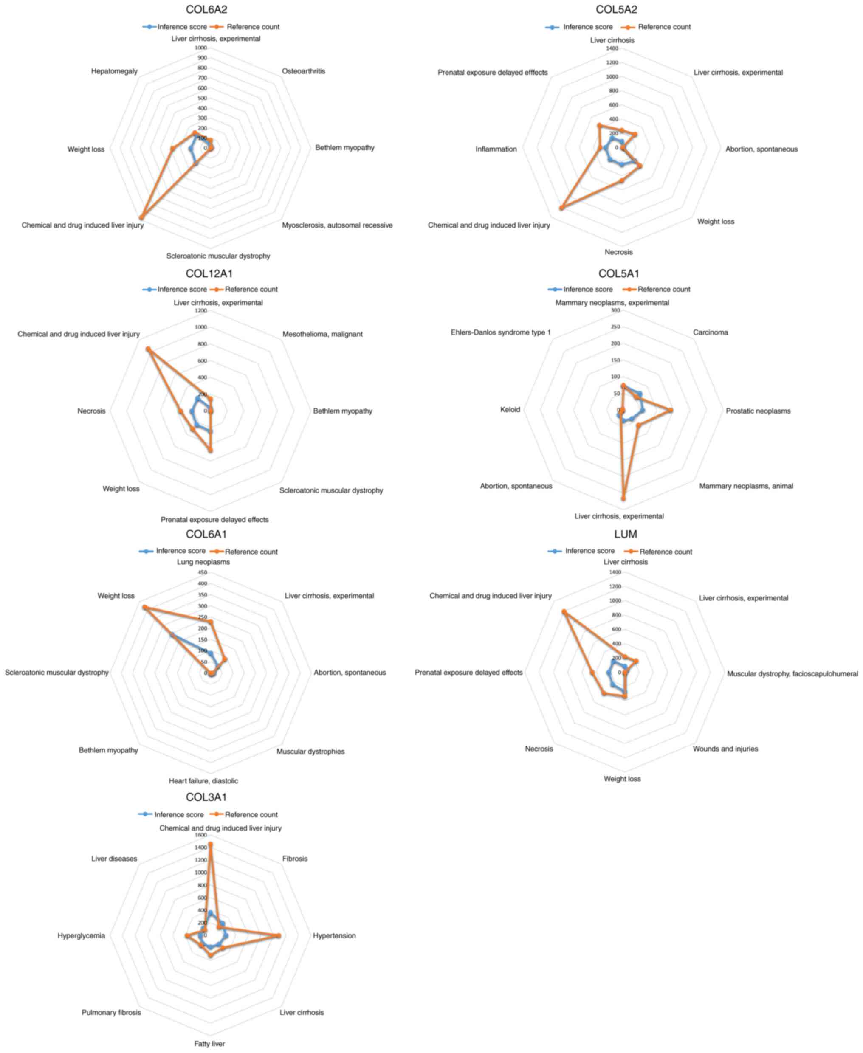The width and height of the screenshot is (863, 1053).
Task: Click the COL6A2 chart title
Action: (x=206, y=9)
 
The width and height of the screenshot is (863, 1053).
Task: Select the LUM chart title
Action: (x=625, y=534)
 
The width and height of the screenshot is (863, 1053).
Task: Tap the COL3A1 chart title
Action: (x=206, y=797)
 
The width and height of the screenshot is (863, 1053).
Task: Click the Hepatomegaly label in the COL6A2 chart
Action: (x=114, y=71)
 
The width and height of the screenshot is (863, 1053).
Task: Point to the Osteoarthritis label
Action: (x=303, y=71)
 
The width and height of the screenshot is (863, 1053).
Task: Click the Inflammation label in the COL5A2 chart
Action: (x=496, y=149)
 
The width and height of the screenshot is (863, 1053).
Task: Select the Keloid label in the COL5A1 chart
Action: (x=510, y=409)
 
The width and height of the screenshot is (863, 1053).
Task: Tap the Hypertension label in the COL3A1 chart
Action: (x=334, y=936)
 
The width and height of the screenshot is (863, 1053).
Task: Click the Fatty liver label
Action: (x=209, y=1044)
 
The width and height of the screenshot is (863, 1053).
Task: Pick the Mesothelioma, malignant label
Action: (x=322, y=334)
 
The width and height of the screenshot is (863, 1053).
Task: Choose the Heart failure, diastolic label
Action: (x=203, y=781)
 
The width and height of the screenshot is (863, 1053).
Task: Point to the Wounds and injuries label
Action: (x=725, y=749)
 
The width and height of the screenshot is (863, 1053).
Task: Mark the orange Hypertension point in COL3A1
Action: (x=278, y=936)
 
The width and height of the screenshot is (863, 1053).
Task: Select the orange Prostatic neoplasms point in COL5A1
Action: (x=670, y=410)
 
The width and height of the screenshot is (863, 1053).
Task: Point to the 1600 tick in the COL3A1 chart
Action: (x=201, y=835)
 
